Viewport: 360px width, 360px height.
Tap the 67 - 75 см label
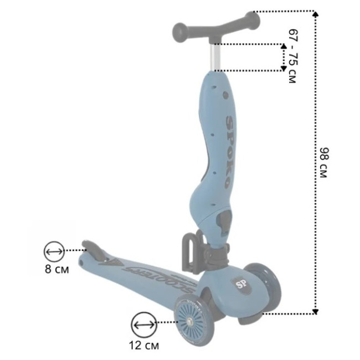[x=293, y=56]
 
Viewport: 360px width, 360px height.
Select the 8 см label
[x=56, y=269]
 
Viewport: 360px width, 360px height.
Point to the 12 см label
[x=144, y=345]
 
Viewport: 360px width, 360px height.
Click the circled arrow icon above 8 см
[x=54, y=251]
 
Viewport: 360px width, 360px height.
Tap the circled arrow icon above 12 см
[x=144, y=325]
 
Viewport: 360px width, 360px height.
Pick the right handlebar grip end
[x=253, y=20]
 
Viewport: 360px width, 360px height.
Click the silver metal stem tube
[x=215, y=57]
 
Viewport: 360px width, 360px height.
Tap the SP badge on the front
[x=240, y=285]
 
